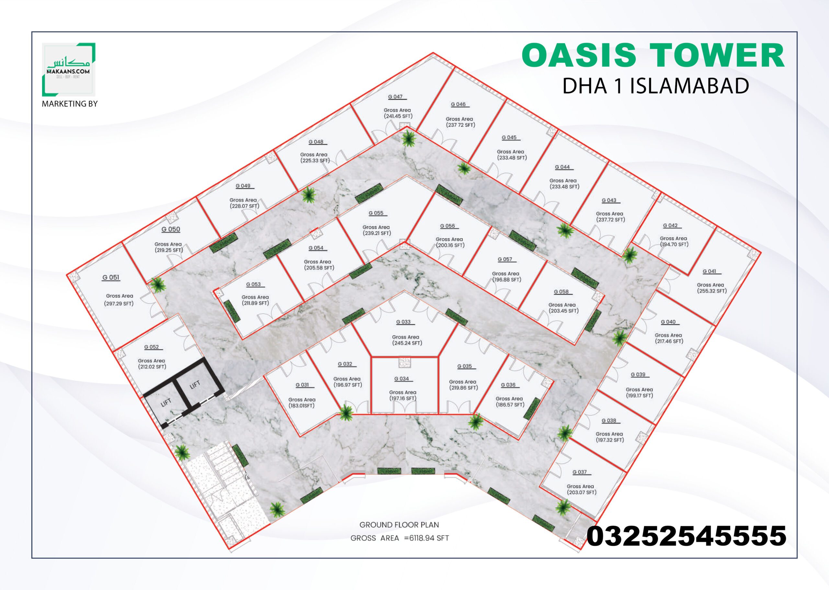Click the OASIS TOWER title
(x=653, y=55)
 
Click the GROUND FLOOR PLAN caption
(x=399, y=525)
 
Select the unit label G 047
(x=395, y=97)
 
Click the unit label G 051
(x=111, y=277)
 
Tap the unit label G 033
(x=403, y=322)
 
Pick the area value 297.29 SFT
(x=119, y=303)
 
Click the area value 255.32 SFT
(x=711, y=291)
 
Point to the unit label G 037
(x=580, y=472)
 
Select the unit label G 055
(x=376, y=213)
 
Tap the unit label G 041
(x=710, y=272)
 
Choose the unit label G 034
(x=402, y=379)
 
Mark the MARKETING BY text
(x=70, y=104)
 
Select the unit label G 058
(x=561, y=292)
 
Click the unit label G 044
(x=562, y=167)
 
